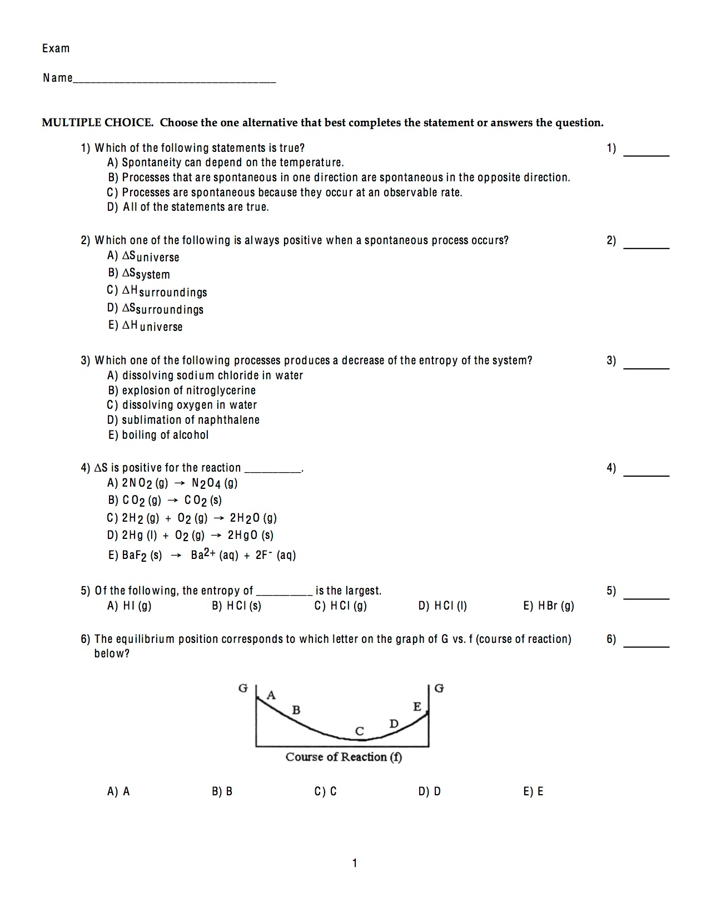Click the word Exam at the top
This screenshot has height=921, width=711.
click(x=56, y=48)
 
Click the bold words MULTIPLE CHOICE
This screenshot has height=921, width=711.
click(x=97, y=122)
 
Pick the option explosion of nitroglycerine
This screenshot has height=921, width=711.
click(x=188, y=390)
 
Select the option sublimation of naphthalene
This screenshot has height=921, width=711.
click(x=190, y=420)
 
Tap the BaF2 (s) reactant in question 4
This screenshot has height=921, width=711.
click(x=142, y=555)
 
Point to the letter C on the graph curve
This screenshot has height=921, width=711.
click(x=360, y=731)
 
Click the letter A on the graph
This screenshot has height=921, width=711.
click(x=271, y=695)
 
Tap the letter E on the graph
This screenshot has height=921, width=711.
click(x=417, y=707)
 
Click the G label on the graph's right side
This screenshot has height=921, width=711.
click(x=439, y=688)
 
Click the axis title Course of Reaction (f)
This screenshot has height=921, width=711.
click(x=344, y=757)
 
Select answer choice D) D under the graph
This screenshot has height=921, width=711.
click(x=430, y=791)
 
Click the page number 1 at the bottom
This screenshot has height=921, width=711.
click(x=355, y=863)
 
